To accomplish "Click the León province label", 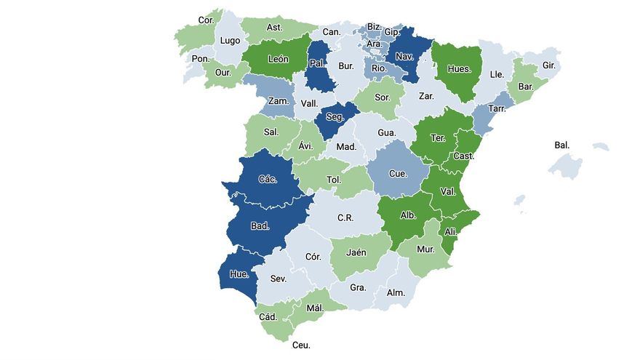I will pyautogui.click(x=279, y=60).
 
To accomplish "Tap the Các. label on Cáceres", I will pyautogui.click(x=267, y=178).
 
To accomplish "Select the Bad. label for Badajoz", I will pyautogui.click(x=260, y=226).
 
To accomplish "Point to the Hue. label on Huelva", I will pyautogui.click(x=239, y=274).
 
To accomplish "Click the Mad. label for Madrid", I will pyautogui.click(x=346, y=147).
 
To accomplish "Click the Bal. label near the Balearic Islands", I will pyautogui.click(x=562, y=145).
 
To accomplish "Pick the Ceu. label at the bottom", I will pyautogui.click(x=300, y=345).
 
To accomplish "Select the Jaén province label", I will pyautogui.click(x=356, y=253).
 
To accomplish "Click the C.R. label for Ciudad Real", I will pyautogui.click(x=345, y=217).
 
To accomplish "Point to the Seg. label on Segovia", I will pyautogui.click(x=335, y=116).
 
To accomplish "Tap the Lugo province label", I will pyautogui.click(x=230, y=41).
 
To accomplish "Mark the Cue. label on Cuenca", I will pyautogui.click(x=398, y=174).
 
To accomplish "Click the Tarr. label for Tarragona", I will pyautogui.click(x=497, y=108).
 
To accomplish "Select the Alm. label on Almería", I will pyautogui.click(x=396, y=292).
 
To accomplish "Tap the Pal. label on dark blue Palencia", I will pyautogui.click(x=317, y=63).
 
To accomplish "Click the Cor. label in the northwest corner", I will pyautogui.click(x=206, y=20).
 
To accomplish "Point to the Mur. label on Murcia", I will pyautogui.click(x=425, y=249).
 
